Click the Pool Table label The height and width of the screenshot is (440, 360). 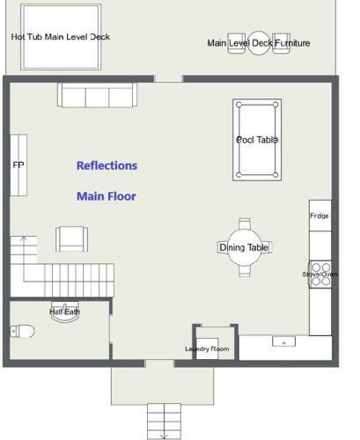pos(257,140)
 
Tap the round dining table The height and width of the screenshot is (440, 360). pos(245,247)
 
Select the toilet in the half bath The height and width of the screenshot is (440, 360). pos(22,331)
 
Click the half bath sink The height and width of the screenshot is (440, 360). pos(65,312)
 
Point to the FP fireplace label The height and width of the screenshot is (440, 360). pos(18,165)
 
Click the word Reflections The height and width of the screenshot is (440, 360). pos(107,165)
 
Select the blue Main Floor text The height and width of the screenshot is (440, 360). pos(107,196)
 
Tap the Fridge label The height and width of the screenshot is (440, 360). pos(320,216)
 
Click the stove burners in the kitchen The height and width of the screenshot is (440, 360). pos(320,275)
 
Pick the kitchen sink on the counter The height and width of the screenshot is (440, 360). pos(283,341)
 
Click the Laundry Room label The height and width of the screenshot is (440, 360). pos(207,348)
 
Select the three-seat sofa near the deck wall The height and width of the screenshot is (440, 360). pos(97,95)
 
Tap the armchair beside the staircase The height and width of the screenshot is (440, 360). pos(72,238)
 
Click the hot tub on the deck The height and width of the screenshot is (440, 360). pos(61,37)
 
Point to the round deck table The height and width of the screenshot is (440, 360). pos(259,43)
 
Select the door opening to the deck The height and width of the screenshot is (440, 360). pos(169,79)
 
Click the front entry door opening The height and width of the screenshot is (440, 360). pos(159,363)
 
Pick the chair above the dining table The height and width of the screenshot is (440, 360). pos(245,224)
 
